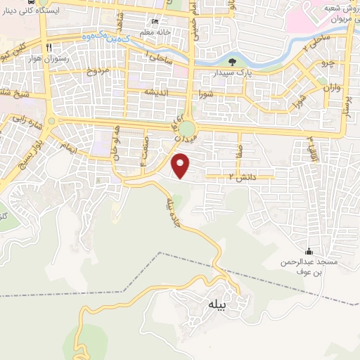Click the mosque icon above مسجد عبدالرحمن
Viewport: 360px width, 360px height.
(x=309, y=252)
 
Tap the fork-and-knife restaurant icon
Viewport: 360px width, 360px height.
(x=49, y=48)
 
